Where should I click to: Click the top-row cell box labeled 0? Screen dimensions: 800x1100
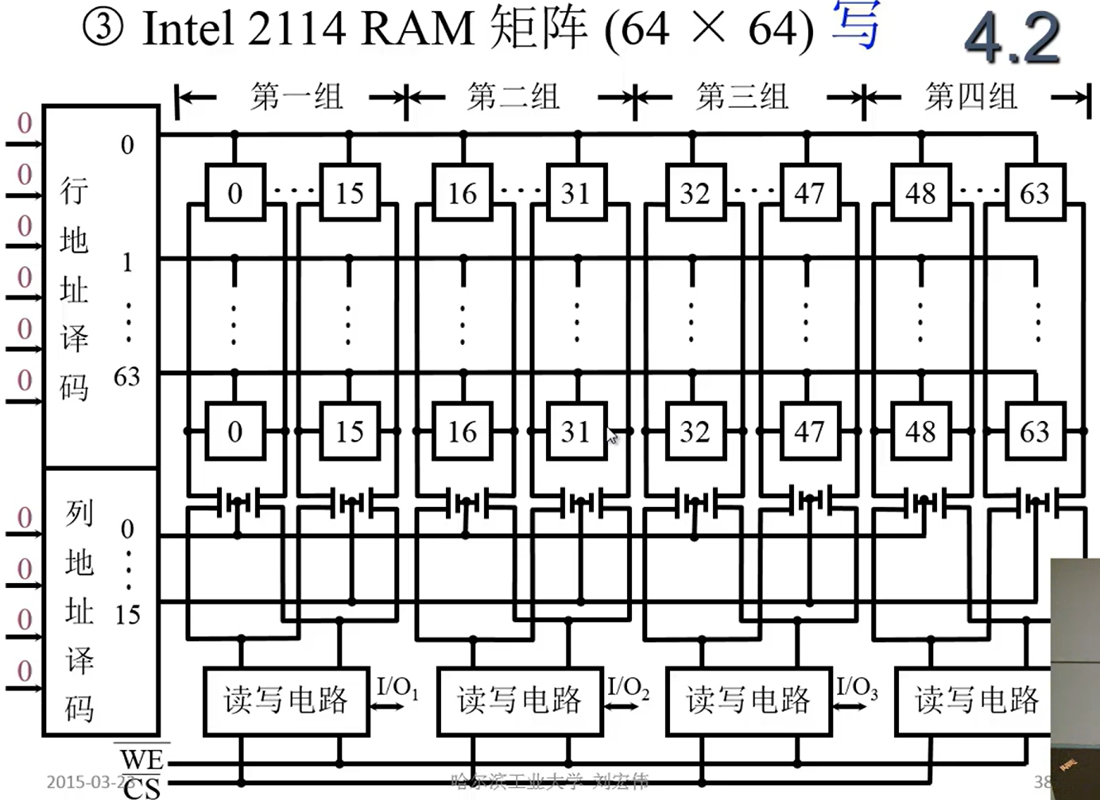coord(234,192)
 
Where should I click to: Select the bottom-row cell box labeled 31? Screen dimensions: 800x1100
coord(576,431)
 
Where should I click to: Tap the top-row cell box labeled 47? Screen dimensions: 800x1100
coord(808,192)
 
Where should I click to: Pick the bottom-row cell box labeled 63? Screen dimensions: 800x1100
coord(1034,431)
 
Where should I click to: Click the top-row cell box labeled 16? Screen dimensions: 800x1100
coord(463,192)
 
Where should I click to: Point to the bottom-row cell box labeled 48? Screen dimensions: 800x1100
coord(920,431)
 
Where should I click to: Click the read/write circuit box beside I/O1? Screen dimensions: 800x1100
coord(286,701)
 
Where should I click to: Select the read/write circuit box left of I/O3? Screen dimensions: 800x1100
coord(749,701)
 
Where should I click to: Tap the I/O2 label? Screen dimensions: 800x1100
coord(628,687)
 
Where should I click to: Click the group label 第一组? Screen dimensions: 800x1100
coord(296,97)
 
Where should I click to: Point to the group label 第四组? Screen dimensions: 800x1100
coord(971,97)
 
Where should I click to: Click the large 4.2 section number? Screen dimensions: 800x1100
coord(1012,38)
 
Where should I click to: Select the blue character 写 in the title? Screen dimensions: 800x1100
coord(856,26)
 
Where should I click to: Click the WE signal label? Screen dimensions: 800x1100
coord(141,759)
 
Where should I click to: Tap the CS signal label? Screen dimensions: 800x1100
coord(141,786)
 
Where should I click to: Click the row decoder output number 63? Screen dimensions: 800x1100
coord(127,377)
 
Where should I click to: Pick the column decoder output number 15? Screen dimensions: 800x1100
coord(127,614)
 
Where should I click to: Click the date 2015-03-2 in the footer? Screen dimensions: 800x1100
coord(86,782)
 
